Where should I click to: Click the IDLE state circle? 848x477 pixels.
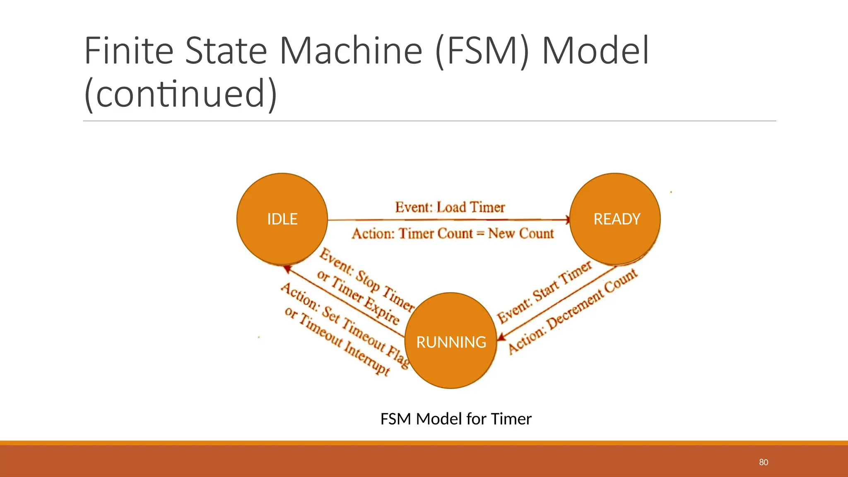pos(282,219)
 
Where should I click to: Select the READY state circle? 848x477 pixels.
pos(615,219)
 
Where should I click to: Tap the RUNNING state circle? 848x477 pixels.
pos(451,341)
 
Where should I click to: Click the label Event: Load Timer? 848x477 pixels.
pos(450,207)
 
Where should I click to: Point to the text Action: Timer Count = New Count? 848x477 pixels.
pos(453,234)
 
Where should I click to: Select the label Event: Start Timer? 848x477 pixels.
pos(544,292)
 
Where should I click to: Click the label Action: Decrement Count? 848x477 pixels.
pos(573,311)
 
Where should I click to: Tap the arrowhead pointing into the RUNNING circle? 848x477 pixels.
pos(501,337)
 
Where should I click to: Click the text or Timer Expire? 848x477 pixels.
pos(358,297)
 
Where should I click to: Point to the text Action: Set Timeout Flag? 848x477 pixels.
pos(345,326)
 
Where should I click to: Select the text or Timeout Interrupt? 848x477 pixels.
pos(337,341)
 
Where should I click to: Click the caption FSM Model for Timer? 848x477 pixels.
pos(455,419)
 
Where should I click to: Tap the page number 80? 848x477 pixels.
pos(764,462)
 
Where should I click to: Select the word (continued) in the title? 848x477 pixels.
pos(181,94)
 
